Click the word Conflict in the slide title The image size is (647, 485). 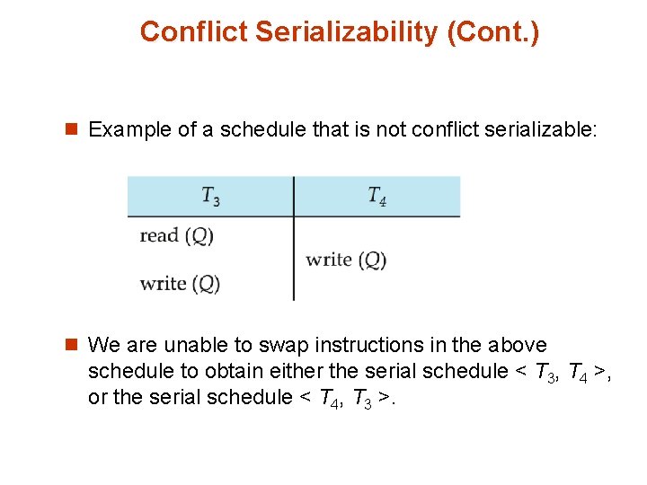[x=193, y=32]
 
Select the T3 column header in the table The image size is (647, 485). [x=210, y=196]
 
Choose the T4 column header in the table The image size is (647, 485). [x=377, y=196]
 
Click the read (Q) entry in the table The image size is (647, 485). [x=176, y=236]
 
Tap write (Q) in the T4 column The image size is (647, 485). [x=346, y=260]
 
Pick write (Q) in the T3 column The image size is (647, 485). [x=180, y=284]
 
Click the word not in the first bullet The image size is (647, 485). [x=391, y=130]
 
